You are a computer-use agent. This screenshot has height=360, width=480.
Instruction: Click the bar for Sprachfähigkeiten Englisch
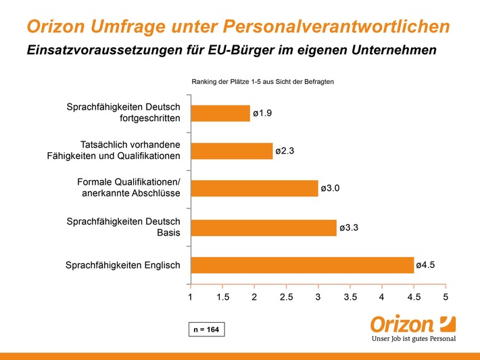[x=302, y=265]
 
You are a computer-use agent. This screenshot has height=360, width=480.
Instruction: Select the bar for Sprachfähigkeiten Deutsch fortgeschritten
[x=220, y=114]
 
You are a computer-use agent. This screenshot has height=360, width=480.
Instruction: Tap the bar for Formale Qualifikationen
[x=254, y=188]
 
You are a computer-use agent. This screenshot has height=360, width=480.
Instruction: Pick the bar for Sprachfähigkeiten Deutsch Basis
[x=264, y=227]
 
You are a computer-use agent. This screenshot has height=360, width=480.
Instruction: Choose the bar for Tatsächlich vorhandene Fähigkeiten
[x=232, y=151]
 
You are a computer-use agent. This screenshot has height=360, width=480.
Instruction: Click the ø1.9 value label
[x=262, y=114]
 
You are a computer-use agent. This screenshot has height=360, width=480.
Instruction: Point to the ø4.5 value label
[x=425, y=265]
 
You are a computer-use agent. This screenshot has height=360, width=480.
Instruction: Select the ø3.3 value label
[x=349, y=227]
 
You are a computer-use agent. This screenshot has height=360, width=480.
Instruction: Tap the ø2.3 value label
[x=285, y=151]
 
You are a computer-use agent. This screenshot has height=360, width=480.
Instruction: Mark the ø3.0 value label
[x=330, y=188]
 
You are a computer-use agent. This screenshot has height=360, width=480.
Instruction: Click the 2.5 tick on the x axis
[x=286, y=297]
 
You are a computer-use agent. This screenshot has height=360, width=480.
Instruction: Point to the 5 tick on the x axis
[x=446, y=297]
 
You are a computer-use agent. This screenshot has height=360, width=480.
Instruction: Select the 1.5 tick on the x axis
[x=222, y=297]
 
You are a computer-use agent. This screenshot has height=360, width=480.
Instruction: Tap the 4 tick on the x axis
[x=382, y=297]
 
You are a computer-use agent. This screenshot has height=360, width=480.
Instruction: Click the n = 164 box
[x=207, y=330]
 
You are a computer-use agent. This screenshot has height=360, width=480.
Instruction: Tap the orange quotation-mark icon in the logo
[x=448, y=324]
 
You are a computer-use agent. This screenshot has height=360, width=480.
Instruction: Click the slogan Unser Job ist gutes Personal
[x=414, y=339]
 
